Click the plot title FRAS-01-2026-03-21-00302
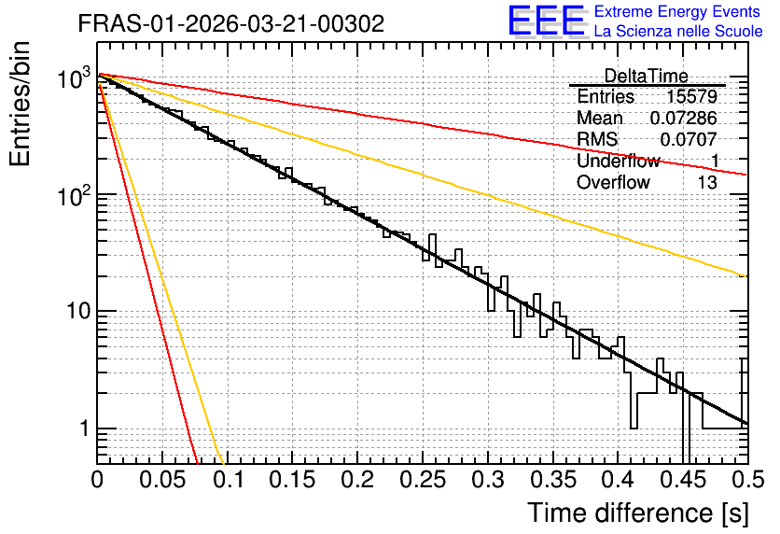coord(230,23)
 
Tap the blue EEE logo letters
coord(547,20)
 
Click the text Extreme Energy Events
coord(677,11)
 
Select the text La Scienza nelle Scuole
coord(678,31)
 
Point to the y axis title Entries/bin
coord(20,105)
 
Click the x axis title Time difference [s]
coord(638,513)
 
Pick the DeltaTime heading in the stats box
coord(646,76)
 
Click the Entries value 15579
coord(691,96)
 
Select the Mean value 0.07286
coord(684,118)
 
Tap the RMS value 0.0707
coord(689,139)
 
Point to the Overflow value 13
coord(707,182)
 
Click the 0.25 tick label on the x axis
coord(423,480)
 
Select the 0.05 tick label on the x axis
coord(162,480)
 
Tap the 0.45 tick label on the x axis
coord(684,480)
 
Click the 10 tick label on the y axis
coord(77,311)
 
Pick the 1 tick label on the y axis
coord(84,428)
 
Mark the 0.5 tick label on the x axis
coord(748,480)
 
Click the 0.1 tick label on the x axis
coord(229,480)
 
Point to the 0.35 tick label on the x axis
coord(553,480)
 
